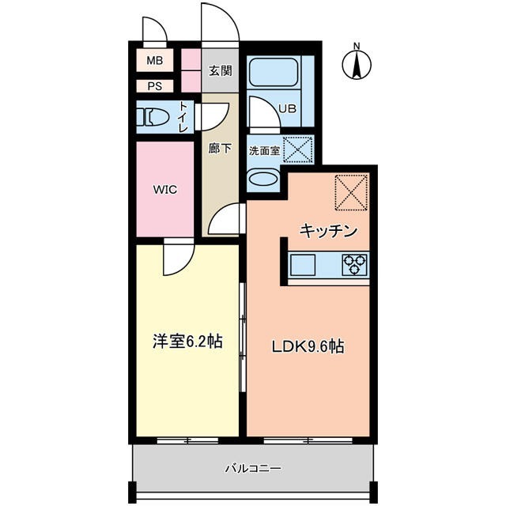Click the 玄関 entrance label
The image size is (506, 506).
click(x=220, y=70)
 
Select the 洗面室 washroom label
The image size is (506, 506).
click(x=264, y=150)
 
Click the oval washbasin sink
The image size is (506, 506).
click(x=262, y=179)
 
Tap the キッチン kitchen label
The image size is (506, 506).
click(x=329, y=231)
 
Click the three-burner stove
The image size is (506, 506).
click(x=355, y=264)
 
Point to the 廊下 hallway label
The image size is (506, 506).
click(x=220, y=148)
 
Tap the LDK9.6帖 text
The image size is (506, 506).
click(x=308, y=346)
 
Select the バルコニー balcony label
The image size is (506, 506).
click(x=253, y=468)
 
